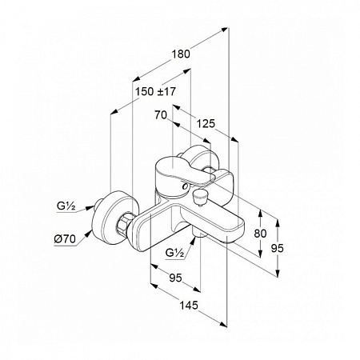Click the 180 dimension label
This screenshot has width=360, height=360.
(181, 54)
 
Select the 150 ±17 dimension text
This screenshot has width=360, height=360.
(155, 91)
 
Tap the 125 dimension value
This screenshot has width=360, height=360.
(206, 123)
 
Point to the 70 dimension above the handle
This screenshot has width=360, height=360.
(161, 115)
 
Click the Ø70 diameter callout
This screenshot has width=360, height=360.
(65, 239)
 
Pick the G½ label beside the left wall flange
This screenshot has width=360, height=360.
(66, 206)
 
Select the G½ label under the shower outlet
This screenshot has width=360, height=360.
(174, 252)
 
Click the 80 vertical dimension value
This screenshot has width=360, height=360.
(260, 234)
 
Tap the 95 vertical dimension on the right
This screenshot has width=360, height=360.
(278, 248)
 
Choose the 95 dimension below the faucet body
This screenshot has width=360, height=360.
(175, 278)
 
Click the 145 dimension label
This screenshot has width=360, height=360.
(189, 305)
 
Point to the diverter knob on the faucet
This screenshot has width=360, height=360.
(198, 198)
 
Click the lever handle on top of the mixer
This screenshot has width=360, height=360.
(184, 170)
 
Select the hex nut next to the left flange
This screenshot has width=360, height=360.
(125, 221)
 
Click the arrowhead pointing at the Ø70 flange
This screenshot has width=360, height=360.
(88, 234)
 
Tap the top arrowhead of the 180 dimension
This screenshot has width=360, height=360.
(225, 30)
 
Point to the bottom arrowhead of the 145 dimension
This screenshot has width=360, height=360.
(223, 324)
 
